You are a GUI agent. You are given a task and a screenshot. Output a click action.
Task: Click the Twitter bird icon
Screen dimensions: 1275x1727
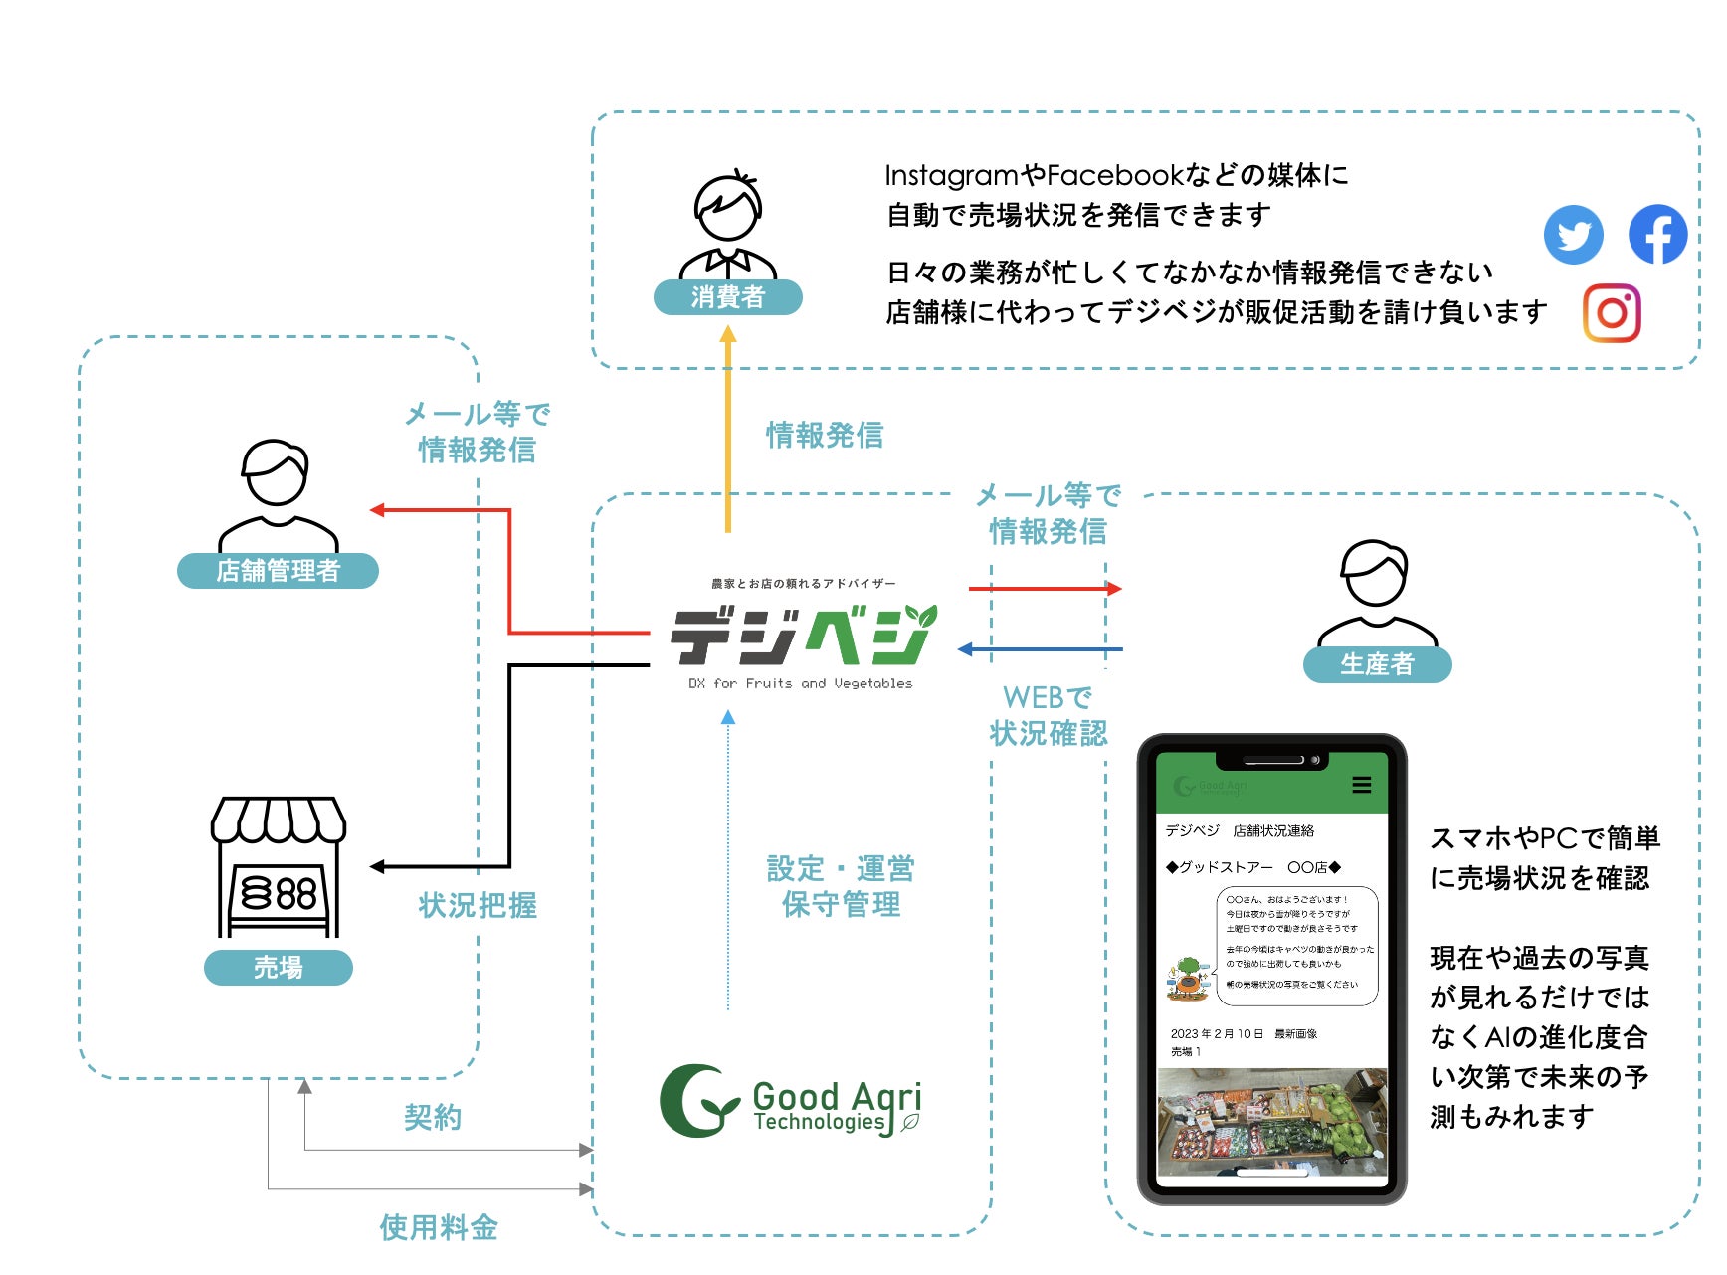click(x=1573, y=235)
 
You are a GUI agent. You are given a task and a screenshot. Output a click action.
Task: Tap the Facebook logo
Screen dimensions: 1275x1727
click(x=1657, y=234)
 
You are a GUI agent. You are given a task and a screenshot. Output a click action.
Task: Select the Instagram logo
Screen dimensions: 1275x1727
click(x=1612, y=313)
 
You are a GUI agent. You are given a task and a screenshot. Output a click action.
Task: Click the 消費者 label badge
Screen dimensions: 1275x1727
click(x=727, y=296)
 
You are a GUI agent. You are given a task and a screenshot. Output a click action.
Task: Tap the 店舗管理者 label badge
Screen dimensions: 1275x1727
click(x=278, y=570)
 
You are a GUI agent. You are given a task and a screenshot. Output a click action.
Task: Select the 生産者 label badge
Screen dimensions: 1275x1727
click(x=1377, y=663)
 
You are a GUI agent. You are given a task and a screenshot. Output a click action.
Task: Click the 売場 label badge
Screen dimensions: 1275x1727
click(x=278, y=967)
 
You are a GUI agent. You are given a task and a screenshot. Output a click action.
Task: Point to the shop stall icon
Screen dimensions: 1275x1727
click(x=279, y=866)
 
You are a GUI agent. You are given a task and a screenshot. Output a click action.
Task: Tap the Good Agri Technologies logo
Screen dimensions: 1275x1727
click(x=792, y=1102)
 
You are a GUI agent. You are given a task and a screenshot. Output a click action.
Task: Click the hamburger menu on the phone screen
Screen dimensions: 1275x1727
click(x=1362, y=785)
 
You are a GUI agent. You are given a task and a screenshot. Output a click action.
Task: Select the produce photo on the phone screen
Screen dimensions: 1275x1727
click(x=1271, y=1120)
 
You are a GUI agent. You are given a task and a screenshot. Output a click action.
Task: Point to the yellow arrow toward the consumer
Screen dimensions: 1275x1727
click(x=728, y=428)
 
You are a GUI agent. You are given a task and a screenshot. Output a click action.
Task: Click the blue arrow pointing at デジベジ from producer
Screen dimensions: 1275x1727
click(x=1040, y=649)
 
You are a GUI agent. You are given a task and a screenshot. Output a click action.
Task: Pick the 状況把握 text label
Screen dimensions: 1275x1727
click(x=478, y=905)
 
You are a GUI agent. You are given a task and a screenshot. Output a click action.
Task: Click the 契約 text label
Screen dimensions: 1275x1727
click(x=433, y=1117)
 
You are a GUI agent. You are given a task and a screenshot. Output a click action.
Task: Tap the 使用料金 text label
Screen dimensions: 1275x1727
click(x=439, y=1227)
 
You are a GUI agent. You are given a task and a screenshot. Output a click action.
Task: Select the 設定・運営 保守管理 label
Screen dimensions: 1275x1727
click(x=841, y=886)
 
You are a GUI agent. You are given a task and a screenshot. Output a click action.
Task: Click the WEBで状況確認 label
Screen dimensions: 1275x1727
click(x=1048, y=715)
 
